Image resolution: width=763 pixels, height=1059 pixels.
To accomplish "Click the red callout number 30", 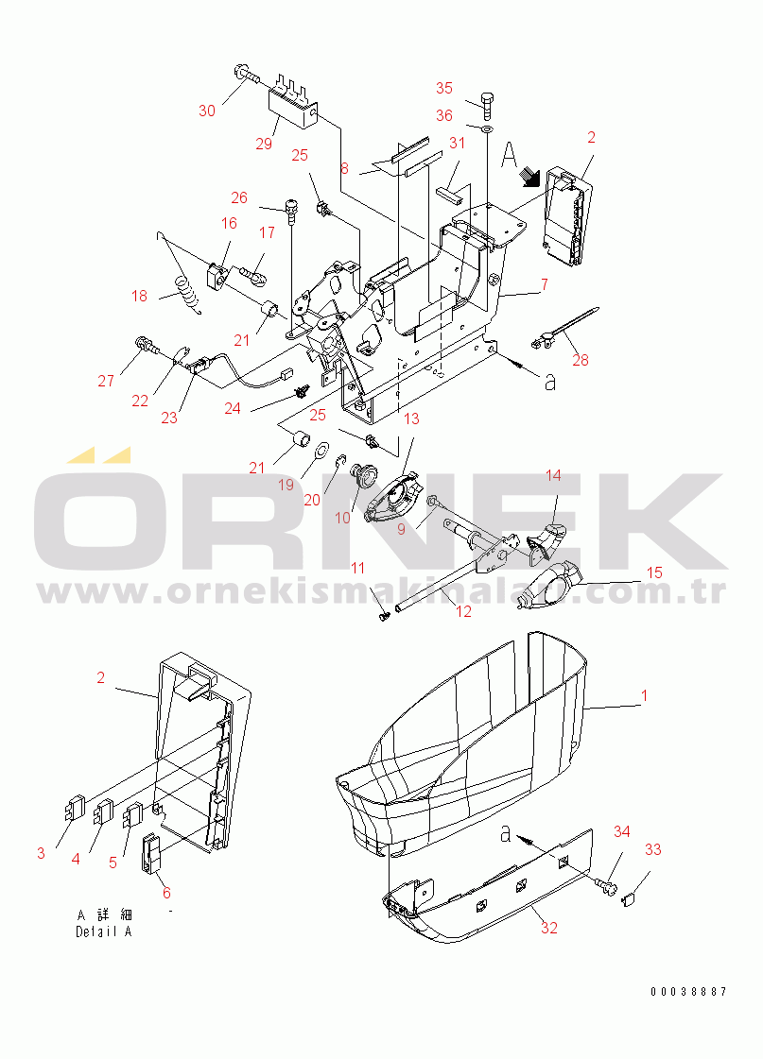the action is click(x=207, y=111).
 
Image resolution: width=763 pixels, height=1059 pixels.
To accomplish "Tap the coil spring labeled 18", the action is click(x=189, y=293).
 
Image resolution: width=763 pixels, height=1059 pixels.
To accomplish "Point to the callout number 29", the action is click(x=264, y=144).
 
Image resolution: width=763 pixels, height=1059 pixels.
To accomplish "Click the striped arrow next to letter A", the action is click(x=530, y=177).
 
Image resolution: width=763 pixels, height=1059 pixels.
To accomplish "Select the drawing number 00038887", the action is click(x=688, y=992).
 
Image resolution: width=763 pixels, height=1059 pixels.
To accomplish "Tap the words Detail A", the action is click(x=103, y=931).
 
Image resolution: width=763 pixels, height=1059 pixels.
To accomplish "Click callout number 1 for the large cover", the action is click(x=644, y=695).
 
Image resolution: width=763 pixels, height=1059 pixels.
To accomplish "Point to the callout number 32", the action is click(x=548, y=928).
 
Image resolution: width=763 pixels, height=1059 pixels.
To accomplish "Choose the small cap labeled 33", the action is click(x=627, y=898).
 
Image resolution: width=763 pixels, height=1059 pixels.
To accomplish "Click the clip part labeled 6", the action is click(x=150, y=853).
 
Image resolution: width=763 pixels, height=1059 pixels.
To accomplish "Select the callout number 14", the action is click(x=553, y=475).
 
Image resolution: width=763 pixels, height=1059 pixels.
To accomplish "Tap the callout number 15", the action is click(x=654, y=573).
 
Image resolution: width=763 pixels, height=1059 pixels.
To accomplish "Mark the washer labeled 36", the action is click(x=487, y=128).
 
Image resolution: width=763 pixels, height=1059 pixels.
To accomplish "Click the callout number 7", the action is click(x=544, y=284).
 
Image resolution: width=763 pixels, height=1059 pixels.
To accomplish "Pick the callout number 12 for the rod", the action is click(x=463, y=611).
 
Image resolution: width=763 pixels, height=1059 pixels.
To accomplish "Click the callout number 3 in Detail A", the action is click(x=41, y=853).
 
